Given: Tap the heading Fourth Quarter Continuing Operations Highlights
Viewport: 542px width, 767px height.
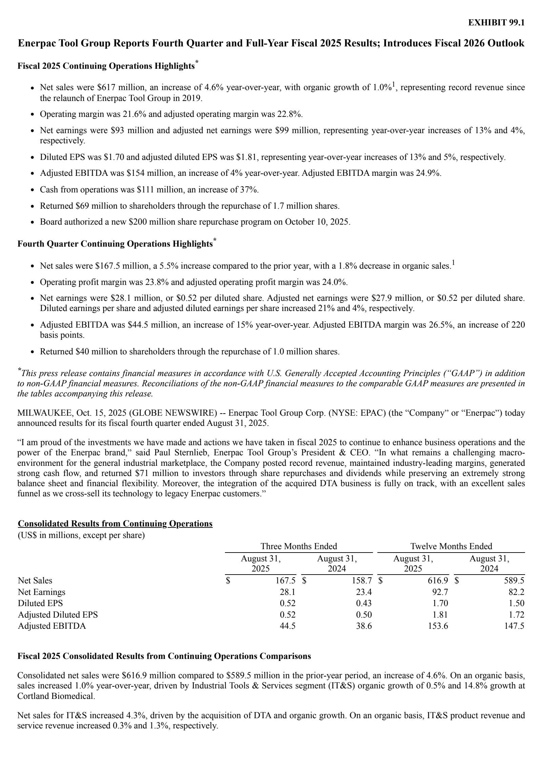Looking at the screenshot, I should [x=115, y=244].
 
